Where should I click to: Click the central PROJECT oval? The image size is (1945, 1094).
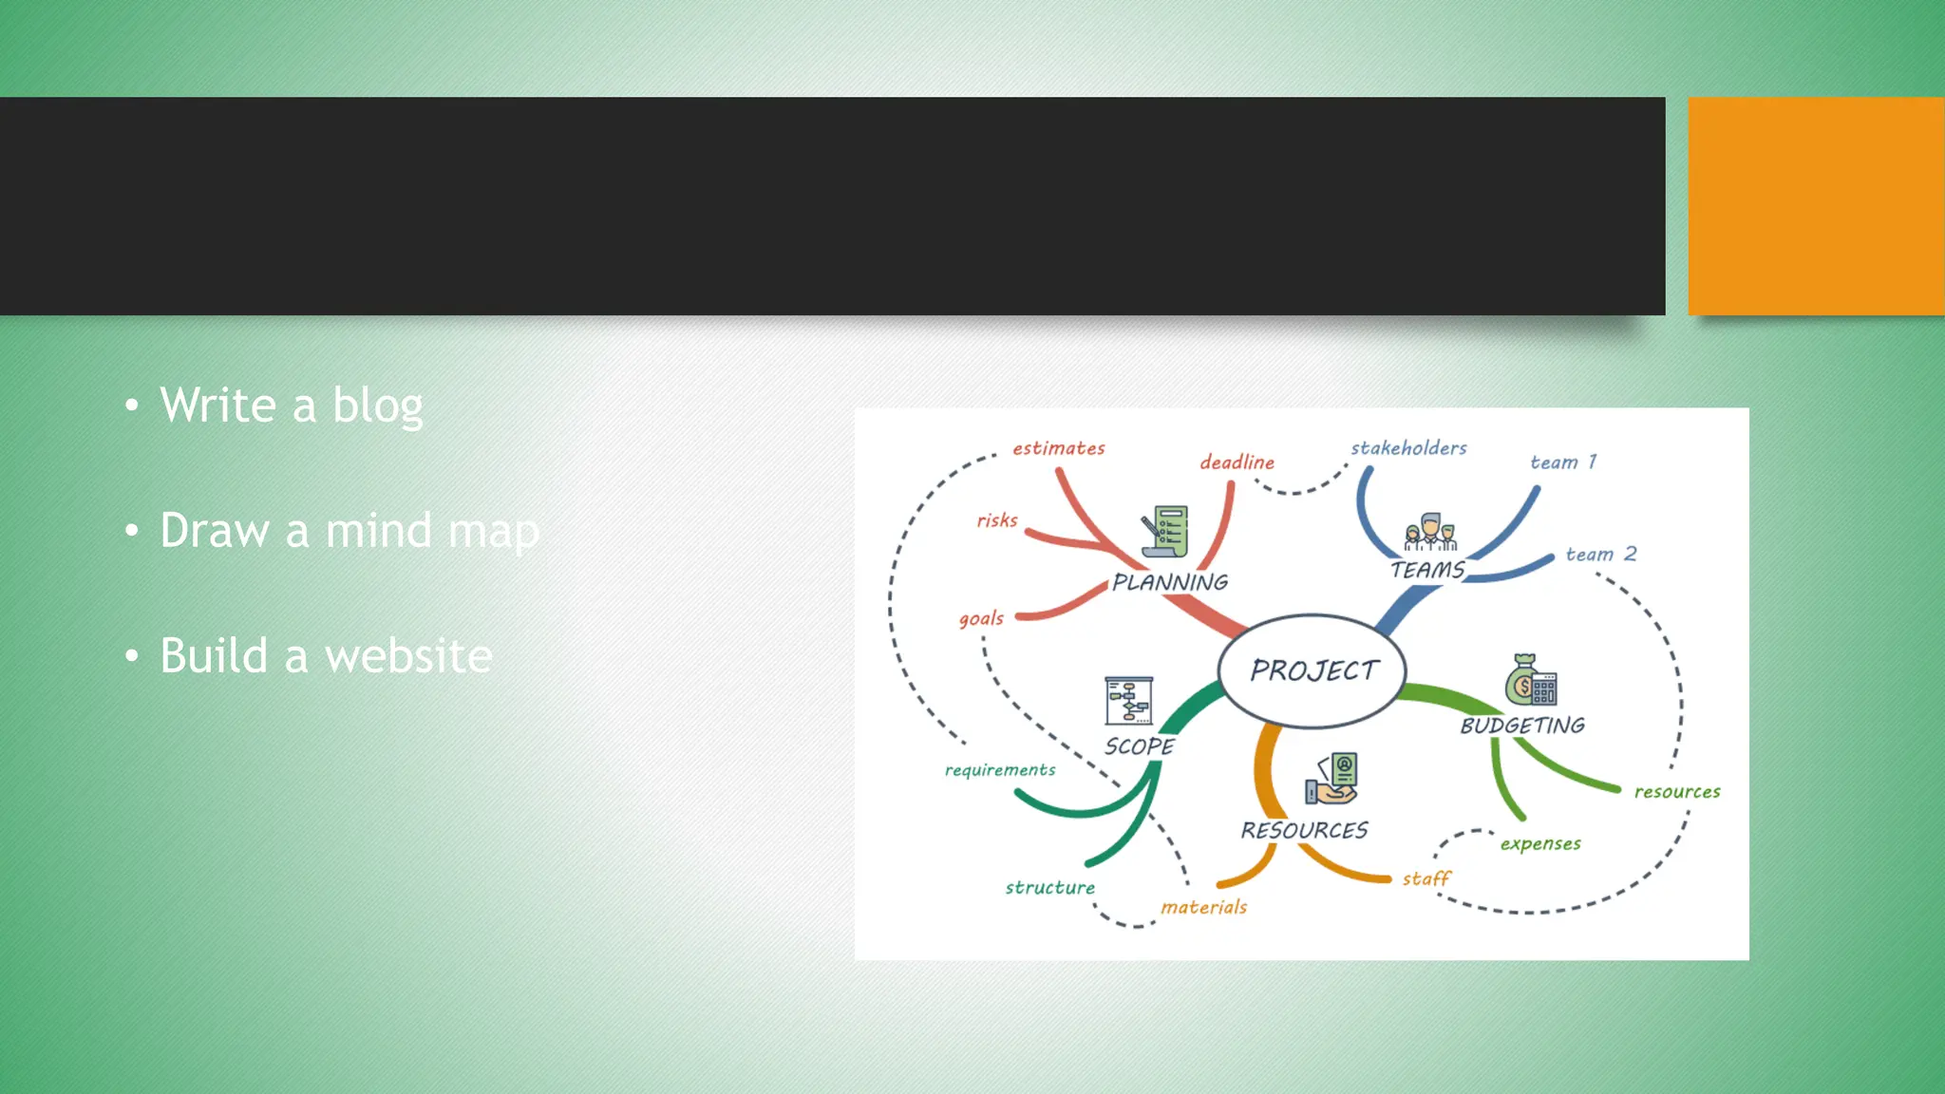pyautogui.click(x=1312, y=670)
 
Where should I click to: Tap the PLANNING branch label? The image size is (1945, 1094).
pyautogui.click(x=1170, y=582)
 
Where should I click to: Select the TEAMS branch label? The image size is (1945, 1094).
pyautogui.click(x=1427, y=570)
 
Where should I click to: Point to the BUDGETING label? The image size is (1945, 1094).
pyautogui.click(x=1522, y=726)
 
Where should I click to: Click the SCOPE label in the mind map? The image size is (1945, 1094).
pyautogui.click(x=1139, y=746)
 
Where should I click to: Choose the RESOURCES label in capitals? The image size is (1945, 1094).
pyautogui.click(x=1304, y=830)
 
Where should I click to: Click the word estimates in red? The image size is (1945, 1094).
pyautogui.click(x=1058, y=448)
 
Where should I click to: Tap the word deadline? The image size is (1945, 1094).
pyautogui.click(x=1237, y=462)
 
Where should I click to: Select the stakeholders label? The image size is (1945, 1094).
pyautogui.click(x=1408, y=447)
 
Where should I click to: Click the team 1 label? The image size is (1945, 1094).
pyautogui.click(x=1563, y=462)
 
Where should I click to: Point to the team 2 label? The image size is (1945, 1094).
pyautogui.click(x=1601, y=554)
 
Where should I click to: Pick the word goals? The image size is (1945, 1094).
pyautogui.click(x=981, y=618)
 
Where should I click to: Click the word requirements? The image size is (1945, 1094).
pyautogui.click(x=1000, y=770)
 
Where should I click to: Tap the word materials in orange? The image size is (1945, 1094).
pyautogui.click(x=1203, y=907)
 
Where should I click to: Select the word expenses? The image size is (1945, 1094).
pyautogui.click(x=1540, y=843)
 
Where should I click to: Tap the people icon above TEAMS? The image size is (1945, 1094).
pyautogui.click(x=1430, y=533)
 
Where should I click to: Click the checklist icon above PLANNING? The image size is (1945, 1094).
pyautogui.click(x=1165, y=532)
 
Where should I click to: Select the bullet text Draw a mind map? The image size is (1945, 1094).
pyautogui.click(x=349, y=531)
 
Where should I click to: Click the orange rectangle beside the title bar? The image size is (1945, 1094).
pyautogui.click(x=1816, y=206)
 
